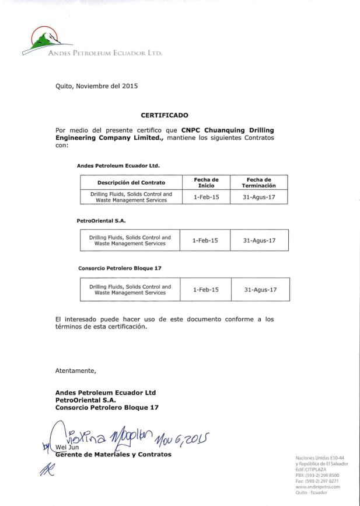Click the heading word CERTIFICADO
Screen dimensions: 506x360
(x=165, y=115)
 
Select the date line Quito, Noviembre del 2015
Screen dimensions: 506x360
(x=96, y=86)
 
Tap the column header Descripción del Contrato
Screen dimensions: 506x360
(x=131, y=182)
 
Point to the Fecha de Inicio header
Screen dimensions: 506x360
(x=206, y=182)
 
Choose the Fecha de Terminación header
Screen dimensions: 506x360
(x=259, y=182)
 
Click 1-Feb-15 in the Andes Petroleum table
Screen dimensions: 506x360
(x=206, y=197)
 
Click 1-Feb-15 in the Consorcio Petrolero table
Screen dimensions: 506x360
(x=205, y=290)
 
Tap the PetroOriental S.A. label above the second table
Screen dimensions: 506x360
(x=101, y=221)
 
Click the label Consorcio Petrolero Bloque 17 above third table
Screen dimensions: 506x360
(x=120, y=268)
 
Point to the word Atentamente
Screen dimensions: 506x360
(x=75, y=370)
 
